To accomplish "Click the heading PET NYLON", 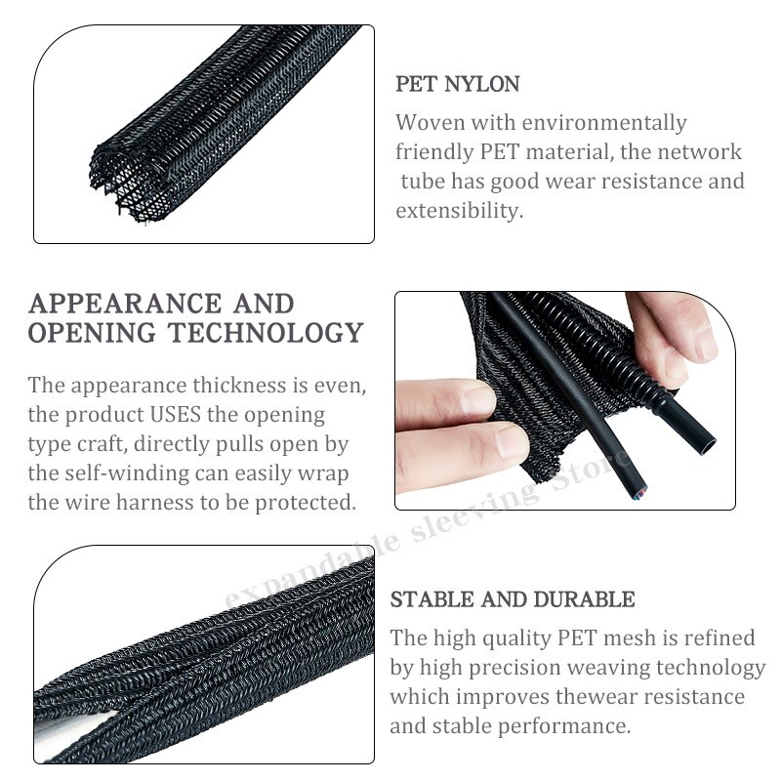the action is (x=457, y=84).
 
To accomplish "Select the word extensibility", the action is (x=459, y=211).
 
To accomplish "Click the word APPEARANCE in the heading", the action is (x=125, y=304).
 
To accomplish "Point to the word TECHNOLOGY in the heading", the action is (x=265, y=332).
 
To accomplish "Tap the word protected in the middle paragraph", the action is (x=306, y=503).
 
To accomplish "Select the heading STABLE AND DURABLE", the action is (x=513, y=599).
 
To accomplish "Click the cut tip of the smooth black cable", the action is (x=639, y=494).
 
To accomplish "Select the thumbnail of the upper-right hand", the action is (x=704, y=342).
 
